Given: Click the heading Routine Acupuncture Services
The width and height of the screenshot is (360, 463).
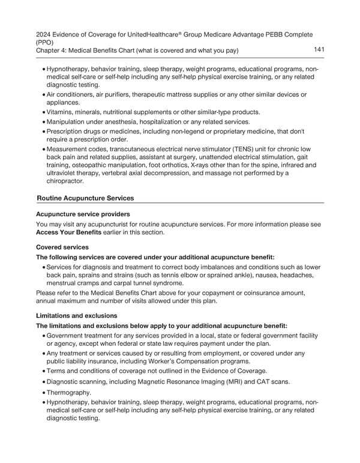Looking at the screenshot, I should coord(85,198).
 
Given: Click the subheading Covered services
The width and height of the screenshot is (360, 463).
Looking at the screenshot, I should coord(63,247).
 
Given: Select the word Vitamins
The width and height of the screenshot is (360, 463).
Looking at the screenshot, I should coord(61,112).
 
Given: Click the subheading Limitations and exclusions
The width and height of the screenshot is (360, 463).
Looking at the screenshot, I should coord(77,315).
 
